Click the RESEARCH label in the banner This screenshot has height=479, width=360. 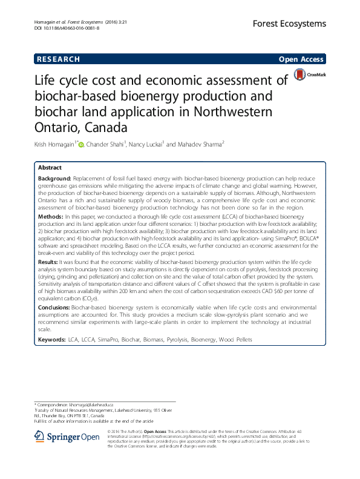click(58, 59)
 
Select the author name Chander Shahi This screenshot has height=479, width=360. click(105, 145)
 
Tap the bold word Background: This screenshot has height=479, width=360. click(54, 180)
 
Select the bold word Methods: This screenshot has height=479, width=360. click(50, 216)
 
